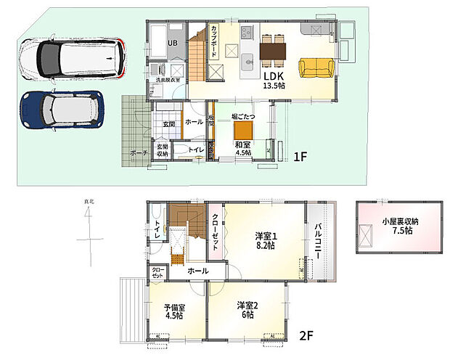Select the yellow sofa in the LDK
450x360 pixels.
click(x=314, y=67)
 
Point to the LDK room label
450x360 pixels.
click(x=273, y=76)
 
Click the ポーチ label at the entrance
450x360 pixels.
click(x=139, y=154)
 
